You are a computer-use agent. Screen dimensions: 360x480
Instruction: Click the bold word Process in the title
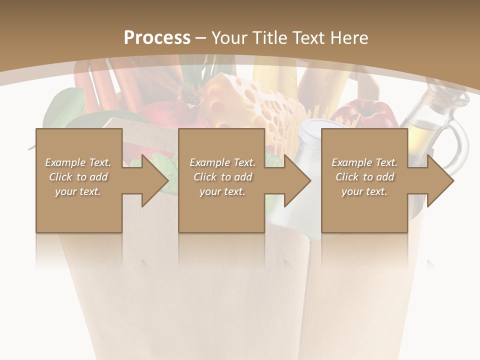pos(157,37)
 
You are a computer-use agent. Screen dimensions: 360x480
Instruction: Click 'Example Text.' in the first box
pos(78,162)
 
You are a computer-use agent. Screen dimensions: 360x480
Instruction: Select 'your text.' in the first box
pos(78,191)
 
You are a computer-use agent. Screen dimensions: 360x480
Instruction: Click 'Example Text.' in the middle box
pos(222,162)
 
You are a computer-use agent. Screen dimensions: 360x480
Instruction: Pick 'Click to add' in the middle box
pos(222,177)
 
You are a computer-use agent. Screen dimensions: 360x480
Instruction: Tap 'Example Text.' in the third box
pos(364,162)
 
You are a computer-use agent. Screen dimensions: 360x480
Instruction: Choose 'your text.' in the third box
pos(364,191)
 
